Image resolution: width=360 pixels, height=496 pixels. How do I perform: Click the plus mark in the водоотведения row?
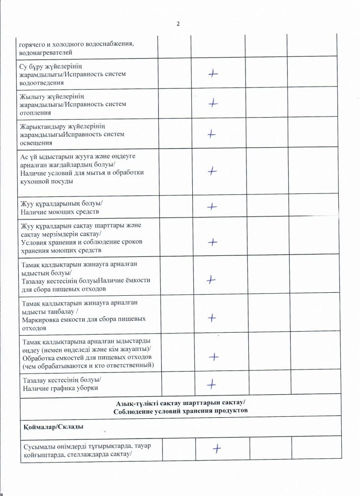[213, 73]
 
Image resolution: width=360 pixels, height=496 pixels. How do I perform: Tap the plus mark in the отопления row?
[213, 103]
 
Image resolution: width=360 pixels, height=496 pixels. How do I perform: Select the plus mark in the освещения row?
[212, 133]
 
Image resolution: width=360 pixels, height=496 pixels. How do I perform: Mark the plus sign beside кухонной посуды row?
[212, 170]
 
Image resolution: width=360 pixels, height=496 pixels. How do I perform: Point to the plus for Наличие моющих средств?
[212, 207]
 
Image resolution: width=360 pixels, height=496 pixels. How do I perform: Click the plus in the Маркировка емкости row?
[213, 317]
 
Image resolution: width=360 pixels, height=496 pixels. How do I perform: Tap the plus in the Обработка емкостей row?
[214, 357]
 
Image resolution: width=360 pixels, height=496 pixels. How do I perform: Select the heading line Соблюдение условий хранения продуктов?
[180, 410]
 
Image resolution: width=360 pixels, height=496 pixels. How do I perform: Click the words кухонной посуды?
[47, 182]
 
